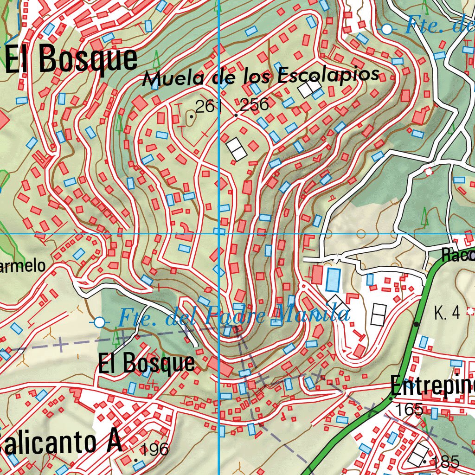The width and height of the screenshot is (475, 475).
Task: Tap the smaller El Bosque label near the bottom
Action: coord(146,363)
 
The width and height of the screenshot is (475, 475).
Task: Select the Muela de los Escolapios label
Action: coord(261,76)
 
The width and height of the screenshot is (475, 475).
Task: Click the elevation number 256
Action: coord(255,105)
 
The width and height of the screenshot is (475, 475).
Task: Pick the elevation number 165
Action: coord(410,410)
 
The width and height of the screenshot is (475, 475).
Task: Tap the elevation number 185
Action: coord(445,462)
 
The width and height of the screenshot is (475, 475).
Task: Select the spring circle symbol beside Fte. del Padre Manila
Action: coord(99,322)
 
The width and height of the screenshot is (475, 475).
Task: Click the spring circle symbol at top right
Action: coord(387,29)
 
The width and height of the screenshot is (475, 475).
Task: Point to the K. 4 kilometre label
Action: coord(447,314)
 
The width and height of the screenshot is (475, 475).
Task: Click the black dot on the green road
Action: coord(417,324)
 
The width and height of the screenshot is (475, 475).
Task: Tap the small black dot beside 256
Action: coord(236,115)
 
